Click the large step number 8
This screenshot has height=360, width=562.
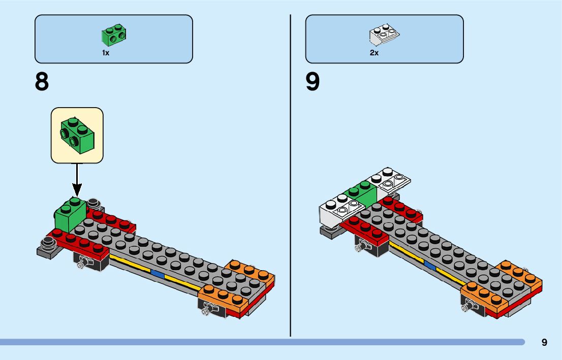point(42,81)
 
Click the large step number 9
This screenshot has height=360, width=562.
point(313,81)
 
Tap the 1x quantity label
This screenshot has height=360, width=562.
point(106,53)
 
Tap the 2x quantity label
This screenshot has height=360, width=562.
point(374,53)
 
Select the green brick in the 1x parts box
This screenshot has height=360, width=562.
point(114,35)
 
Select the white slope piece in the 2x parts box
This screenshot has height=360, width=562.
point(384,35)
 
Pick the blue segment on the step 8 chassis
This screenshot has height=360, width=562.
point(157,274)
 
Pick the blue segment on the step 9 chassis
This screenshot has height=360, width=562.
point(430,265)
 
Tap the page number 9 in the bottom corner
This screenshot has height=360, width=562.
point(544,342)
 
